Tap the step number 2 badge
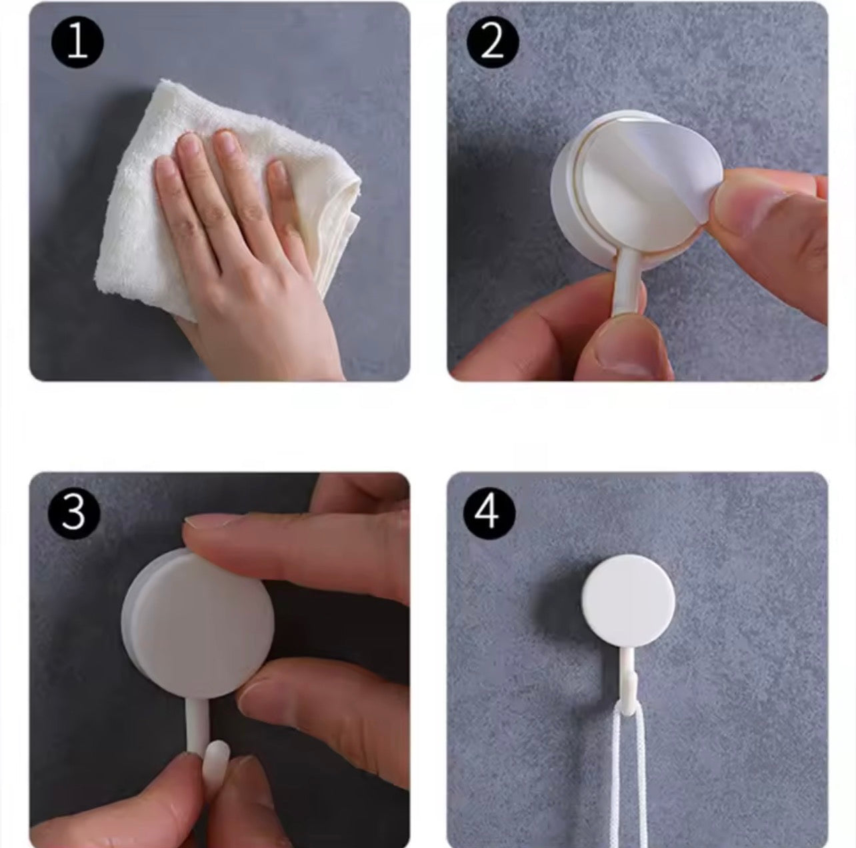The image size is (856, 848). coord(491,43)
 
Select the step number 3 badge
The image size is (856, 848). coord(74,511)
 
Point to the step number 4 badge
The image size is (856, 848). coord(490,512)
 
